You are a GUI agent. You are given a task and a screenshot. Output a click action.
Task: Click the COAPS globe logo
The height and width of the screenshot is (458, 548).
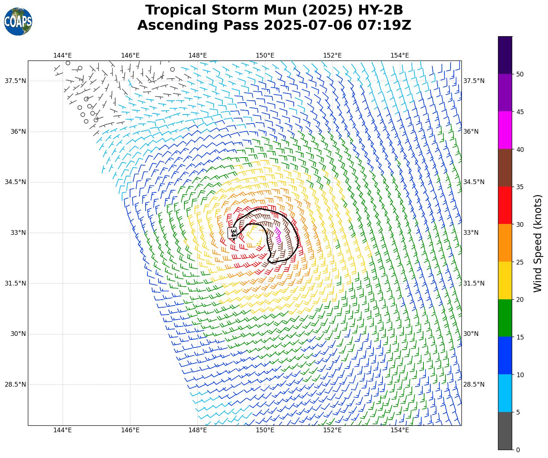pos(18,21)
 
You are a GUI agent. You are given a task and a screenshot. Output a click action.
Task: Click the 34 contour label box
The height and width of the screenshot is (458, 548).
pos(233,233)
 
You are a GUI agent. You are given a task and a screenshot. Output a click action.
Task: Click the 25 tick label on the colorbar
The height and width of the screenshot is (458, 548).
pos(520,262)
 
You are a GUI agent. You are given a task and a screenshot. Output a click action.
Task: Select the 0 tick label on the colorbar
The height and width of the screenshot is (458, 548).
pos(518,450)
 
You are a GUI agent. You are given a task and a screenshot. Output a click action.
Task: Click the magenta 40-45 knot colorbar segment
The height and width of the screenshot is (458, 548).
pos(505,130)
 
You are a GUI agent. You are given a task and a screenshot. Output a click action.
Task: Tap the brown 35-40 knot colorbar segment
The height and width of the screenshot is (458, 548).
pos(505,168)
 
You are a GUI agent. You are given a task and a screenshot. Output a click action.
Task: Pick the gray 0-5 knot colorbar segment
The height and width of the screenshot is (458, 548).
pos(505,431)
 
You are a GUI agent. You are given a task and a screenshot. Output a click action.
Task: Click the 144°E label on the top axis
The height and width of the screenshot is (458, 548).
pos(62,55)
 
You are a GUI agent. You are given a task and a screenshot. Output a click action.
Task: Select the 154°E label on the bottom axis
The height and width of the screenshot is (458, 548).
pos(400,430)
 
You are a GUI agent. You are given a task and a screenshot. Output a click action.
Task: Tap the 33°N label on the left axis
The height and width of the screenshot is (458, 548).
pos(18,233)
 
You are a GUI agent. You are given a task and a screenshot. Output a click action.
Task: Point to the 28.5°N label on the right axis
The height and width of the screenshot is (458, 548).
pos(474,384)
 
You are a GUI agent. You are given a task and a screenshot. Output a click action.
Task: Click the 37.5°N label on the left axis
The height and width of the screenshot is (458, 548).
pos(15,81)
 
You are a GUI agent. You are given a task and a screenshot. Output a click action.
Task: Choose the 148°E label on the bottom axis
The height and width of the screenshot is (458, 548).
pos(197,430)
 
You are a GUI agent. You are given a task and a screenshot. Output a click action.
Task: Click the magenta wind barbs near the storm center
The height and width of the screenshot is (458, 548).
pos(278,234)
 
